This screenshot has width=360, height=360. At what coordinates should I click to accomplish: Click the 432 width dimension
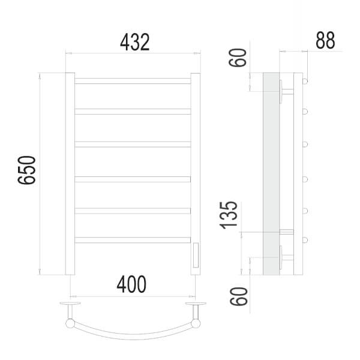pos(135,42)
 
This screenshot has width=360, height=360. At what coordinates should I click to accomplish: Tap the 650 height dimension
pos(27,170)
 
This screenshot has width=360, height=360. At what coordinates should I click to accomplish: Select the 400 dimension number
pos(131,284)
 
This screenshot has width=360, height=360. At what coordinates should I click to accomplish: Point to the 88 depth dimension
pos(325,40)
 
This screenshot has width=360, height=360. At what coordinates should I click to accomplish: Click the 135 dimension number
pos(229,215)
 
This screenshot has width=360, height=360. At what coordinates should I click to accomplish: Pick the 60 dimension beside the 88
pos(238,58)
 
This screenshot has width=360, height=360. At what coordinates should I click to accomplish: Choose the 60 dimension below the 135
pos(239,296)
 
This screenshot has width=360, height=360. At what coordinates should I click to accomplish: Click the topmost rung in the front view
pos(133,81)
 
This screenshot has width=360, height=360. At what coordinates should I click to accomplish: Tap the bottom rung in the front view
pos(133,240)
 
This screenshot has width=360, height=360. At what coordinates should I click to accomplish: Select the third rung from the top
pos(133,144)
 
